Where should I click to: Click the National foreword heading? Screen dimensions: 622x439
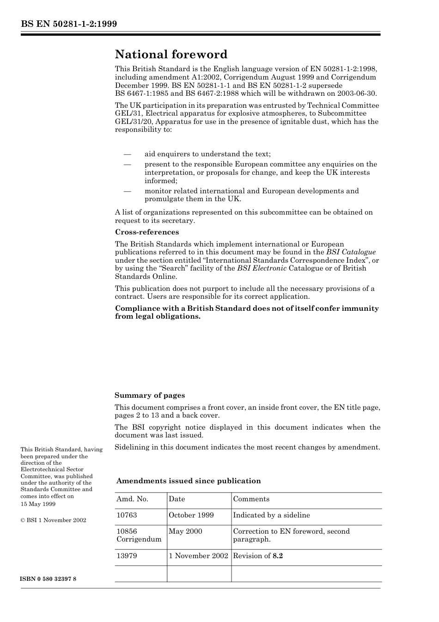[x=171, y=55]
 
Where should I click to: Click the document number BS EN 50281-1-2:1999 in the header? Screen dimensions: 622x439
[x=69, y=24]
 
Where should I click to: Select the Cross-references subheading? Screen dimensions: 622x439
[x=147, y=232]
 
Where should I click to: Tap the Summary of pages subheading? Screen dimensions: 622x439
[x=150, y=395]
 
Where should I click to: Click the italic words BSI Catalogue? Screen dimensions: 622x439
[x=351, y=252]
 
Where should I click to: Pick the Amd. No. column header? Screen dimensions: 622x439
[x=132, y=499]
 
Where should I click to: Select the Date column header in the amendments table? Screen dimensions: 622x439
[x=177, y=499]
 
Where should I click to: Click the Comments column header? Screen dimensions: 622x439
[x=251, y=499]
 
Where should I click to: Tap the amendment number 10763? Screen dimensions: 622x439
[x=127, y=515]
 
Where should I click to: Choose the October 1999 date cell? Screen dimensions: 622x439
[x=191, y=515]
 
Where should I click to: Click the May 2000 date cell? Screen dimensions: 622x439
[x=185, y=531]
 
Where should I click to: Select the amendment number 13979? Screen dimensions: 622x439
[x=127, y=556]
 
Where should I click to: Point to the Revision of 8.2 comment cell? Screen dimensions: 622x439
[x=258, y=556]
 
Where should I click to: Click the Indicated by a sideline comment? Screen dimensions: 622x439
[x=271, y=515]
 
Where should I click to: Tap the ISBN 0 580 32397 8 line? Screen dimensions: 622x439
[x=49, y=579]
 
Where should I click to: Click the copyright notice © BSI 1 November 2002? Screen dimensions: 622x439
[x=53, y=520]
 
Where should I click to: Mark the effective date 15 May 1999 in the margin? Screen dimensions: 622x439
[x=38, y=504]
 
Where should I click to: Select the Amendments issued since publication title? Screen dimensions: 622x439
[x=189, y=481]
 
